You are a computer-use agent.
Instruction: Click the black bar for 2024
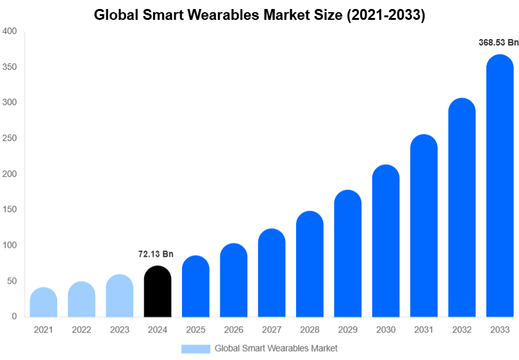point(158,292)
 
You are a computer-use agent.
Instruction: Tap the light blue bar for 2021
point(44,302)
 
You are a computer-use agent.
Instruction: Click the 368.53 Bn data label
point(498,43)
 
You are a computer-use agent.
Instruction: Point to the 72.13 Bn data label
point(156,254)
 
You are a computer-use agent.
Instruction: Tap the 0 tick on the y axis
point(13,316)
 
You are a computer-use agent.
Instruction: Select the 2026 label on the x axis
point(233,330)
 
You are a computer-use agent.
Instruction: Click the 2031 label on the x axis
point(424,330)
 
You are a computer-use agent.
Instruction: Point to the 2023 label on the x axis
point(119,330)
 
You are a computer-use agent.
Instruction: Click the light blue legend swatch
point(195,348)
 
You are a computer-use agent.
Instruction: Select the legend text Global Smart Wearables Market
point(276,348)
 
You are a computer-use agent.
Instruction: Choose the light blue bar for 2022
point(81,299)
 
